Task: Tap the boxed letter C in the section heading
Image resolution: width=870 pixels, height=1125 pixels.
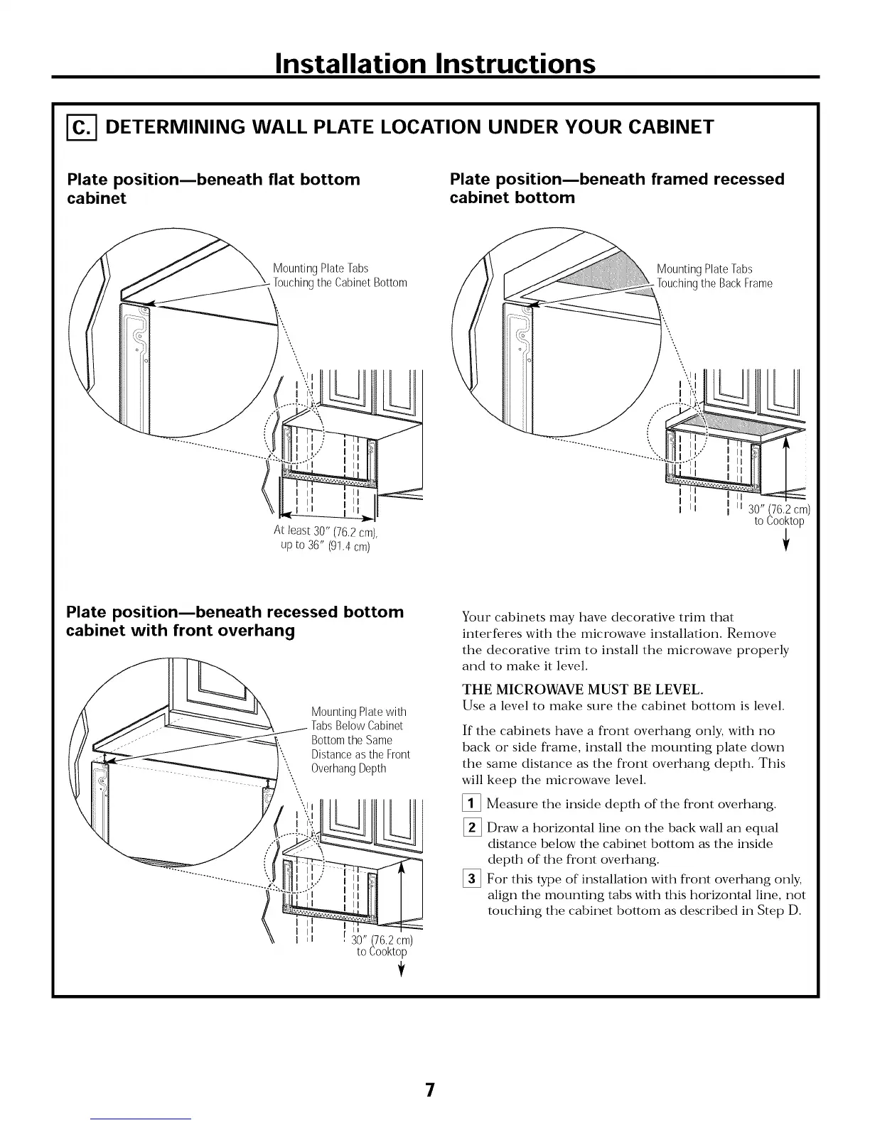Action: pyautogui.click(x=82, y=127)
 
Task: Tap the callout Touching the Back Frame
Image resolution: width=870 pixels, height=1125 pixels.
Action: pyautogui.click(x=715, y=283)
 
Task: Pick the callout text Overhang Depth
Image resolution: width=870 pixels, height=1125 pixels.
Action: pyautogui.click(x=348, y=768)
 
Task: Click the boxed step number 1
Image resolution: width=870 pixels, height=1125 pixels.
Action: pyautogui.click(x=472, y=805)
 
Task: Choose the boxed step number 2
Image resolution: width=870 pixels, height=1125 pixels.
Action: pyautogui.click(x=472, y=828)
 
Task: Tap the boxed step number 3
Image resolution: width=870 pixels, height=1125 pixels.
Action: pyautogui.click(x=472, y=879)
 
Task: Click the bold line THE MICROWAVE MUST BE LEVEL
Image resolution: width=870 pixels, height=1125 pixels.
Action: pyautogui.click(x=583, y=690)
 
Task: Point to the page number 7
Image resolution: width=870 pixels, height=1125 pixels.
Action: pyautogui.click(x=429, y=1089)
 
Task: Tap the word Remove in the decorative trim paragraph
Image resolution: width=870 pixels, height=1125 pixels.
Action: pyautogui.click(x=752, y=634)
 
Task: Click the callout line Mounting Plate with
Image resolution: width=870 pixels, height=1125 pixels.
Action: pyautogui.click(x=359, y=712)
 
